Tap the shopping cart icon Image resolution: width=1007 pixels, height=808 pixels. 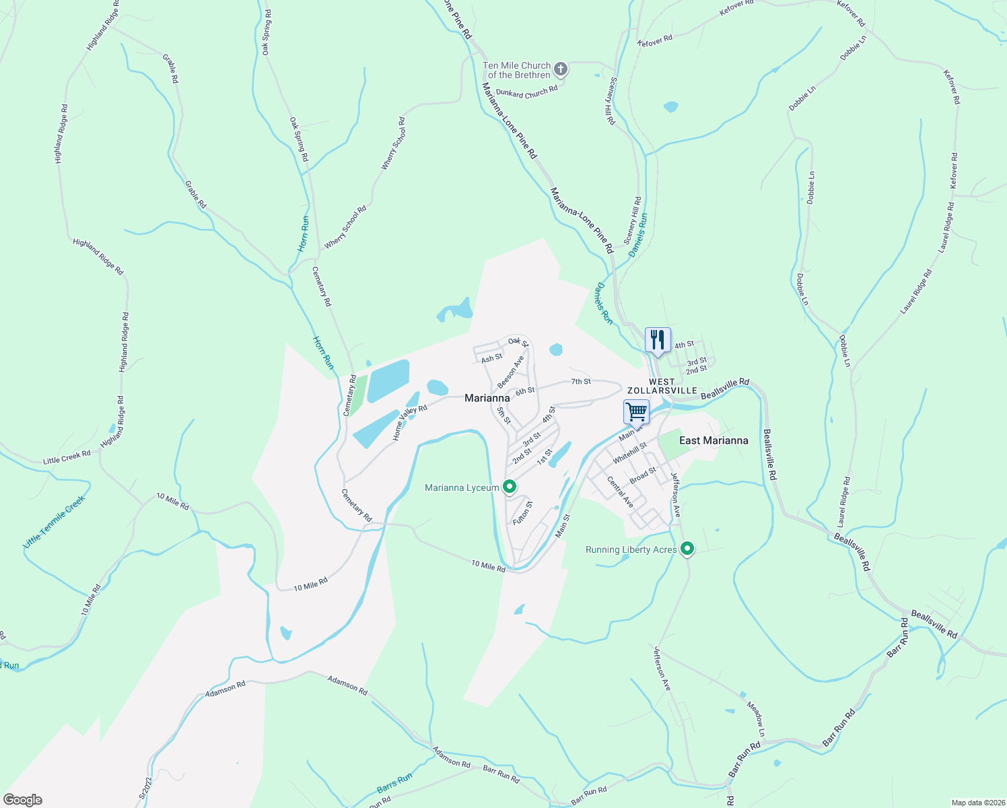click(636, 411)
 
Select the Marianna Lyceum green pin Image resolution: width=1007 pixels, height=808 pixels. click(510, 486)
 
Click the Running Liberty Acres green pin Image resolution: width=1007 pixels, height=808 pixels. click(687, 549)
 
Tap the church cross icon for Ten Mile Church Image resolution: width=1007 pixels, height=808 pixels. click(560, 69)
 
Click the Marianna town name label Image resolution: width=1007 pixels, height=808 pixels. click(487, 398)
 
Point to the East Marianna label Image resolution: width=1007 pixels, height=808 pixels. click(714, 440)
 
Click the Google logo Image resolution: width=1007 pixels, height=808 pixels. click(22, 799)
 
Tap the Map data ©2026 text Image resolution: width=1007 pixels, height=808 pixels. click(977, 803)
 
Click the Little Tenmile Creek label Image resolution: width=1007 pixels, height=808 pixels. click(55, 522)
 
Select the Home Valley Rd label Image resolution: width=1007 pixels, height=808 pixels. click(410, 423)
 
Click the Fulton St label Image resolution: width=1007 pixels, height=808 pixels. click(522, 513)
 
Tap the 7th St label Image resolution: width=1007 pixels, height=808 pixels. click(581, 381)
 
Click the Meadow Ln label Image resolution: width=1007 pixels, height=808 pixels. click(757, 718)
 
